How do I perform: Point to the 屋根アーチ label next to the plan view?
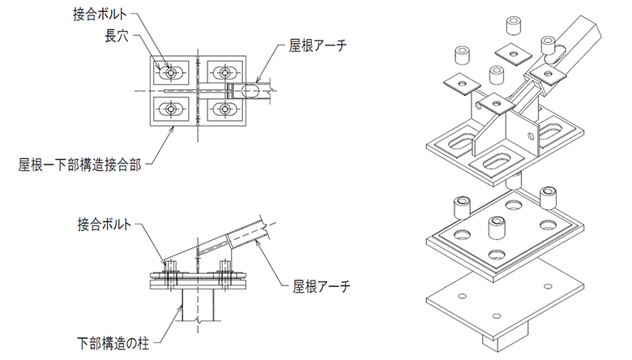[x=317, y=46]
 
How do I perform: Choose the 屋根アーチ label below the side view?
[x=318, y=285]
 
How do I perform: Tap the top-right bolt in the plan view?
[x=224, y=73]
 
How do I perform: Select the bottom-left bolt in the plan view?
[x=171, y=108]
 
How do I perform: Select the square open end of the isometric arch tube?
[x=589, y=34]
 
